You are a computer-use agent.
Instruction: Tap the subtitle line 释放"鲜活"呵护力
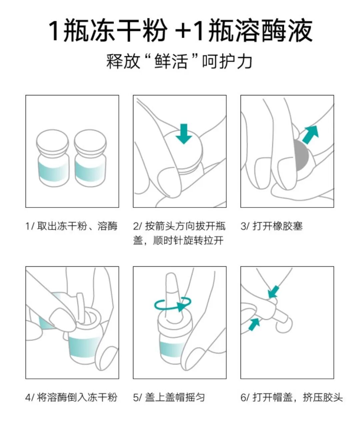pos(180,61)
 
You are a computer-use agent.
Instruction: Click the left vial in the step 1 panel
pos(53,158)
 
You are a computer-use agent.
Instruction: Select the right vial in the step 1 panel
pos(90,158)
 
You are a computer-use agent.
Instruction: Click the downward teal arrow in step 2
pos(184,134)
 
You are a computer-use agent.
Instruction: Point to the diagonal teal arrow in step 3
pos(310,134)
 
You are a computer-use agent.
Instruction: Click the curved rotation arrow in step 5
pos(173,305)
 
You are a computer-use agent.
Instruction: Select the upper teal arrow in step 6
pos(274,292)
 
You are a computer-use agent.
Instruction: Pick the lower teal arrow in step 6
pos(254,324)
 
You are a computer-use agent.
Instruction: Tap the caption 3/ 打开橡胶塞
pos(272,226)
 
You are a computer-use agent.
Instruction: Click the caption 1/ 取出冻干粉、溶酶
pos(72,226)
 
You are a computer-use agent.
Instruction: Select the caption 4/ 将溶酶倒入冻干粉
pos(72,397)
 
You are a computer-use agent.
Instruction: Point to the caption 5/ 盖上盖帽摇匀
pos(169,397)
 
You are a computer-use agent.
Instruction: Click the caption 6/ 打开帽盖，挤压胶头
pos(292,397)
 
